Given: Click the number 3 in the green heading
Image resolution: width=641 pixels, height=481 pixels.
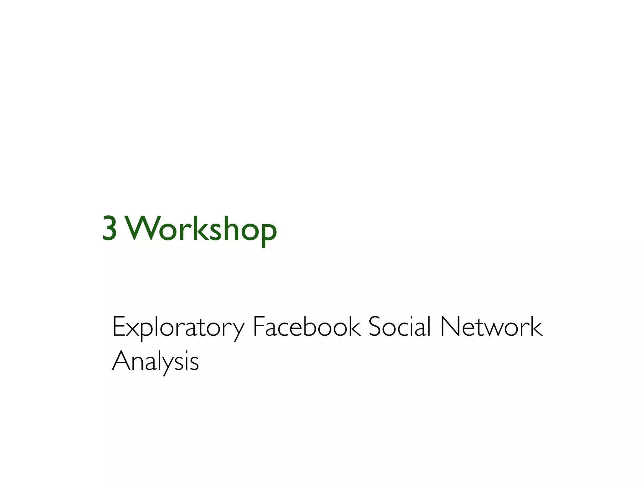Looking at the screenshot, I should click(x=110, y=229).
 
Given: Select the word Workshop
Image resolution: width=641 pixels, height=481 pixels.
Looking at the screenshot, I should click(x=202, y=229).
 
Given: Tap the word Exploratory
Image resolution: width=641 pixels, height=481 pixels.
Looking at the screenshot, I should click(x=178, y=327).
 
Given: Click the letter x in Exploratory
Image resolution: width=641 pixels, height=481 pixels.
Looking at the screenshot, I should click(x=133, y=329).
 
